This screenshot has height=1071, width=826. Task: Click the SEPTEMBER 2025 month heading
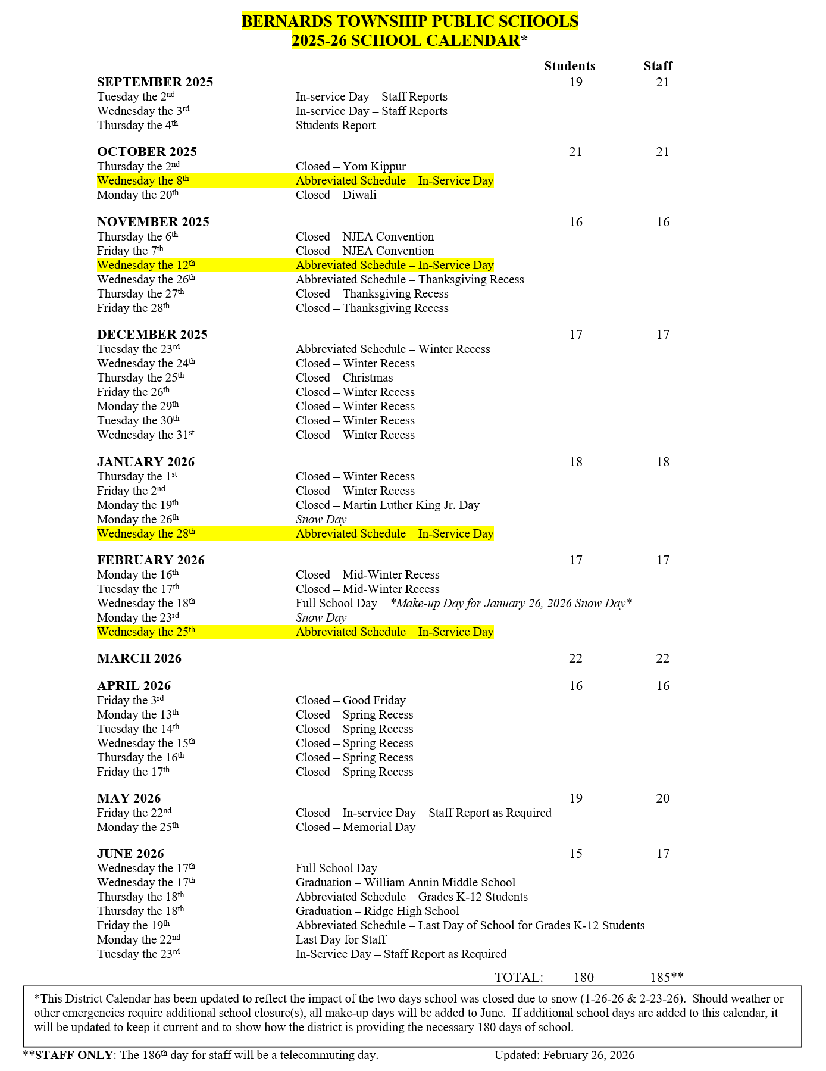pos(155,82)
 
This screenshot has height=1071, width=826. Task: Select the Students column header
pos(569,66)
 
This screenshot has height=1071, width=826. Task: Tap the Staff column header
pos(658,66)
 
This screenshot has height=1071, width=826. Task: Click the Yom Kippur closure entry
pos(351,167)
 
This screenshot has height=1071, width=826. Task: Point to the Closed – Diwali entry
pos(336,195)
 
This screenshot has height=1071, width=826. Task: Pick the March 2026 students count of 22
pos(575,658)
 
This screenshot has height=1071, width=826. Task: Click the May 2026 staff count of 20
pos(662,798)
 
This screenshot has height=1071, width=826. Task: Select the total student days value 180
pos(583,977)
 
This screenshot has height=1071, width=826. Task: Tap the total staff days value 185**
pos(667,977)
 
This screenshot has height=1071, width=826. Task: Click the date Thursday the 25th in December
pos(140,378)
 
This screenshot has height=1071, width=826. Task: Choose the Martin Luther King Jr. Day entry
pos(387,505)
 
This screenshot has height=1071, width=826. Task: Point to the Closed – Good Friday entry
pos(351,701)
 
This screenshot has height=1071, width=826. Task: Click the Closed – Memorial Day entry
pos(355,828)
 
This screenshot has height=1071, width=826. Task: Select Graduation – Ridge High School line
pos(377,911)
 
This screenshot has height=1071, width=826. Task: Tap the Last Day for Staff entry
pos(340,940)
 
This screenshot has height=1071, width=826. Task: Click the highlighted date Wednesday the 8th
pos(143,181)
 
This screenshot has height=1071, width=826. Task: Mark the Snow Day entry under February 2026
pos(321,618)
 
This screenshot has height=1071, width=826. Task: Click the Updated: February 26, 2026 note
pos(564,1056)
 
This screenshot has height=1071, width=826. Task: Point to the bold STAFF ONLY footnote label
pos(73,1056)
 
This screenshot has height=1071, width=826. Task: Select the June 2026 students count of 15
pos(575,854)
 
